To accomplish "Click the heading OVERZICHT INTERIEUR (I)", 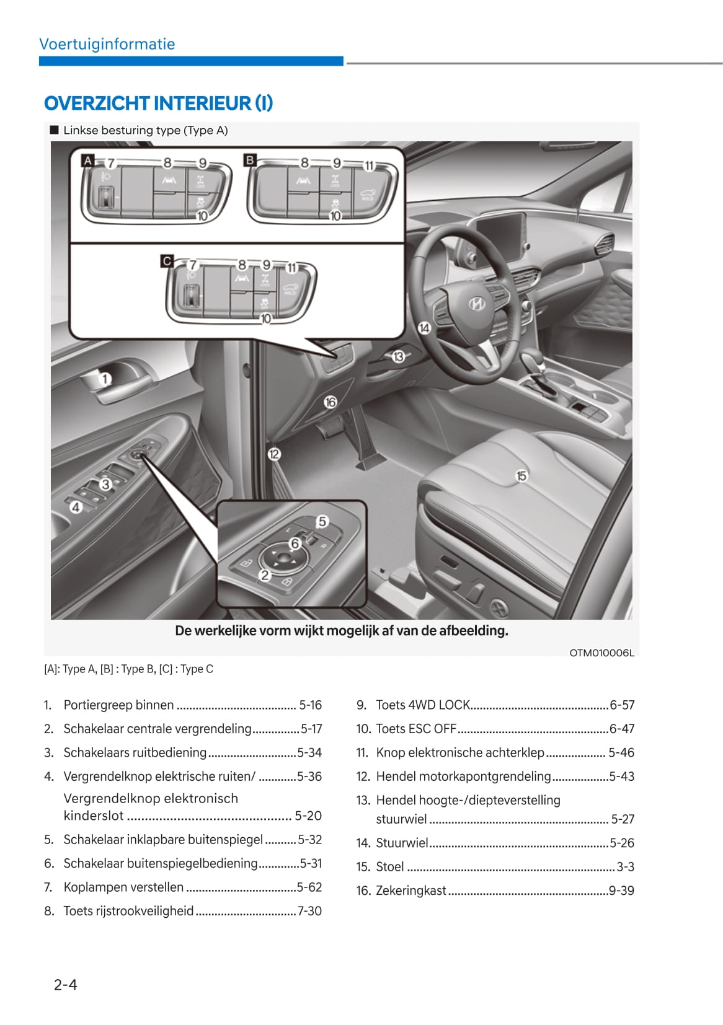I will click(158, 103).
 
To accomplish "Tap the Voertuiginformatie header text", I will click(107, 44).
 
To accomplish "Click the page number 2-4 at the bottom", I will click(65, 984).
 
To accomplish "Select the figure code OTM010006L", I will click(601, 653).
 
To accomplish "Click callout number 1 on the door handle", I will click(105, 379).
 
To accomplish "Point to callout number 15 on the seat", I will click(521, 475).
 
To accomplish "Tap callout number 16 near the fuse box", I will click(330, 402).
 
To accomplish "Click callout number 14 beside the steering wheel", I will click(424, 328).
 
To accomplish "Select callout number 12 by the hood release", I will click(274, 454).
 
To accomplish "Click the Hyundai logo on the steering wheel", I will click(476, 303).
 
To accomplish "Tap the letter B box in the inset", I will click(250, 160).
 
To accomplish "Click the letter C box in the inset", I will click(166, 261).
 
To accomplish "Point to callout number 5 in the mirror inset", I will click(322, 521).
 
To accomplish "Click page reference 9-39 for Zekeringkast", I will click(621, 891).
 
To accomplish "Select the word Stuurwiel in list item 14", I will click(402, 843).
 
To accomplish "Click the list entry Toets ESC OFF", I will click(415, 729).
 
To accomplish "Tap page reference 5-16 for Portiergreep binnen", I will click(310, 705).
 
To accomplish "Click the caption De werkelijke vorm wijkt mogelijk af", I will click(341, 631).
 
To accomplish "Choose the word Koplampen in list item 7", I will click(92, 887).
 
